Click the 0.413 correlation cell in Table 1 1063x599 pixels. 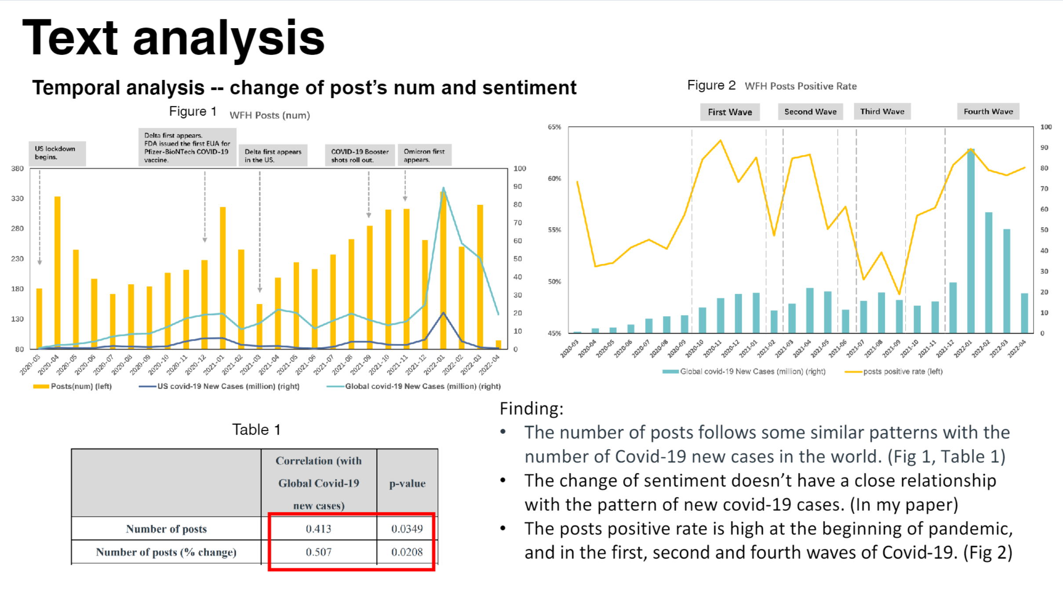[318, 529]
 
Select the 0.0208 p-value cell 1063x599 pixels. [407, 552]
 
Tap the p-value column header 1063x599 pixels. [407, 483]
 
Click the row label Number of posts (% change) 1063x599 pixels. [166, 552]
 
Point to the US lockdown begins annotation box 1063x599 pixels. [57, 153]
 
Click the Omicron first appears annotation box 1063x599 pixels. [424, 155]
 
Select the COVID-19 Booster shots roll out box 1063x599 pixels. [360, 155]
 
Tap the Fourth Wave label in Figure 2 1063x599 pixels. [988, 112]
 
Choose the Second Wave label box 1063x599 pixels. [810, 112]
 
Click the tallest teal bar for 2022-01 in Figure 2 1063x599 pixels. [970, 242]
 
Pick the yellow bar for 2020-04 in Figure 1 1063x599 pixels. [58, 272]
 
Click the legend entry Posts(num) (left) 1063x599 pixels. [73, 386]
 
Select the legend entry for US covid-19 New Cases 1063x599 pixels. [219, 386]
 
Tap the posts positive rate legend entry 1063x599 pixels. [894, 372]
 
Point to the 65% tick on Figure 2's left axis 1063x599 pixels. [554, 127]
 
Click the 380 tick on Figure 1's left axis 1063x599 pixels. [18, 168]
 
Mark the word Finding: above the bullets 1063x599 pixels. [531, 409]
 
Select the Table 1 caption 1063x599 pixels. [256, 429]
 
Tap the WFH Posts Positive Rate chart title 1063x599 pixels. [801, 86]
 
